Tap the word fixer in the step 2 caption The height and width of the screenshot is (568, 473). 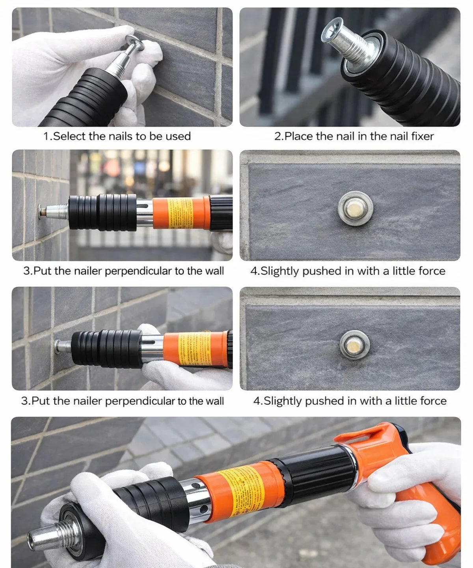point(421,136)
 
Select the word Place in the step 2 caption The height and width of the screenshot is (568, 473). point(299,136)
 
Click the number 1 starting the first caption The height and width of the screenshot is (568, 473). point(46,136)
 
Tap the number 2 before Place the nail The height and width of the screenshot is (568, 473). point(277,136)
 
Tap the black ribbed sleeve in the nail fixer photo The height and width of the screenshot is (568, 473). point(410,79)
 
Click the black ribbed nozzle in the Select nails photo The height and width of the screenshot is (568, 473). point(87,99)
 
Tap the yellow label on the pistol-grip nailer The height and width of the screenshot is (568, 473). point(242,491)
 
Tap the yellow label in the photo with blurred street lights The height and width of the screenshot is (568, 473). point(181,213)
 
